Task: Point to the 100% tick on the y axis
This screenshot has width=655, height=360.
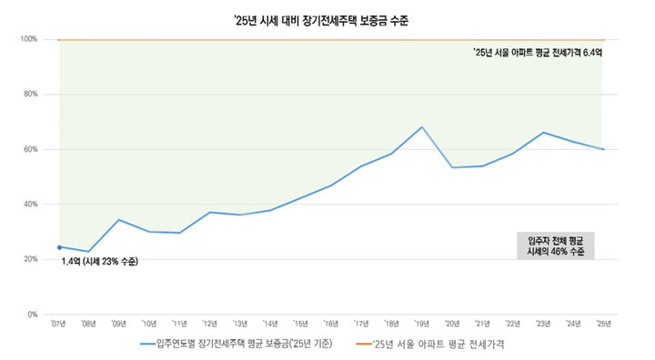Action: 29,39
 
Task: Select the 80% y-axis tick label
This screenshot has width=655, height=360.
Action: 30,95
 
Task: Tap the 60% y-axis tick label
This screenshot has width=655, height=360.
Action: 30,149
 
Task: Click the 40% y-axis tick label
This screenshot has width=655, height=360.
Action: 30,205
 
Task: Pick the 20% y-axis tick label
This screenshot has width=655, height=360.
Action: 30,259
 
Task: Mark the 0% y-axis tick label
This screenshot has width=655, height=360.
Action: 32,315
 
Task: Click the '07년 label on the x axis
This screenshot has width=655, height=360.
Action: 59,324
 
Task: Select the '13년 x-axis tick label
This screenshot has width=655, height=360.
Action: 240,324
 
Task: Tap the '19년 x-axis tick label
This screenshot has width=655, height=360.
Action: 421,324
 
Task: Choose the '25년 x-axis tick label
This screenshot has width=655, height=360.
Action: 602,324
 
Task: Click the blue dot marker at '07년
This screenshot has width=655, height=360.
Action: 59,246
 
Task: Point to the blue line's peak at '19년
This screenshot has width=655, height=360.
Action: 422,127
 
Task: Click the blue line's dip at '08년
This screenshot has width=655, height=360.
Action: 89,252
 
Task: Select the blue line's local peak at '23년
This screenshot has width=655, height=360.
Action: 543,133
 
